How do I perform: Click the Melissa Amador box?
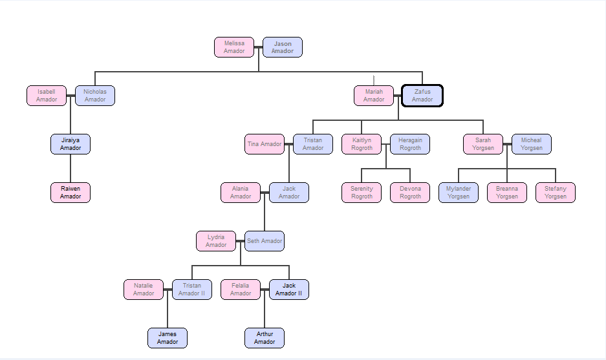tap(234, 47)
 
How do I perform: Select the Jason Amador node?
tap(283, 47)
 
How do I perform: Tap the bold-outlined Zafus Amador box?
tap(422, 96)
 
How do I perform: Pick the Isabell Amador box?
tap(47, 96)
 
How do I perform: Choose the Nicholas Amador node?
tap(95, 96)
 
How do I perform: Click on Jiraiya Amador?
tap(70, 144)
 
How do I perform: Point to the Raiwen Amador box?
tap(70, 193)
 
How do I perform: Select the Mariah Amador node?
tap(374, 96)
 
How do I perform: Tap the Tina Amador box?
tap(265, 144)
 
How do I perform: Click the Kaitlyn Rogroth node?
tap(362, 144)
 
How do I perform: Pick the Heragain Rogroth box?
tap(410, 144)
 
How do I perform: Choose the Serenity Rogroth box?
tap(362, 193)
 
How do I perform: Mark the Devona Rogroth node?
tap(410, 193)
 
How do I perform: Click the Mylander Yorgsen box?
tap(459, 193)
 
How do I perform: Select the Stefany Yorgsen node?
tap(556, 193)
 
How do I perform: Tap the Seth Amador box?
tap(265, 241)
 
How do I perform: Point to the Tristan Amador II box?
tap(192, 290)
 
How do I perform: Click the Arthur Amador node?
tap(265, 338)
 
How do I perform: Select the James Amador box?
tap(168, 338)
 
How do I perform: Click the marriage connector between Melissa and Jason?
tap(259, 47)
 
